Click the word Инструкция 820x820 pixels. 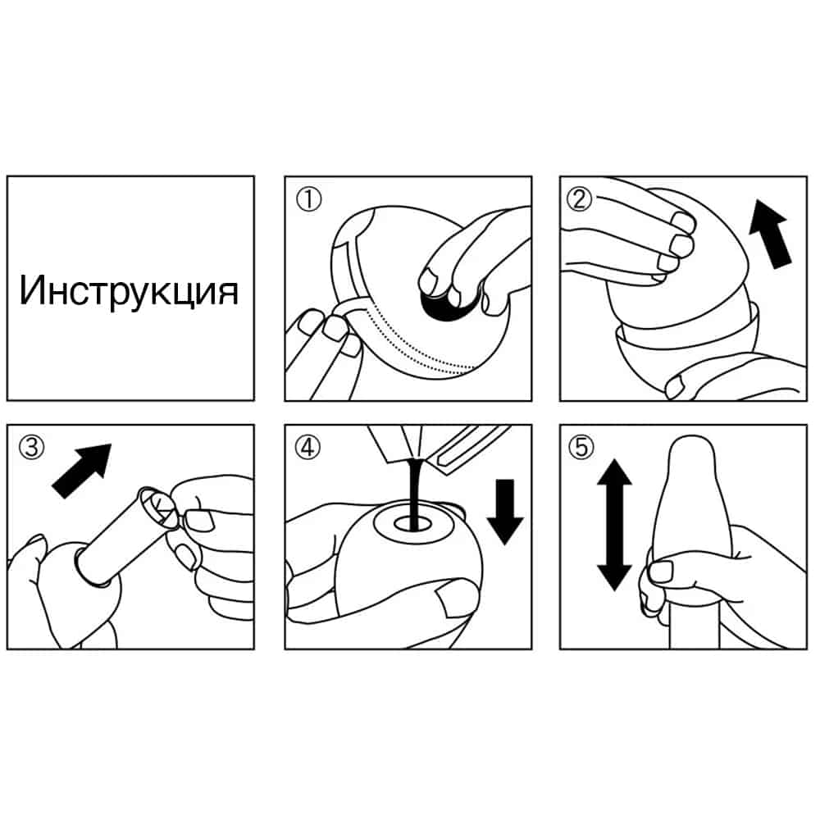pyautogui.click(x=130, y=291)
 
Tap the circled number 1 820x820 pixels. pyautogui.click(x=308, y=199)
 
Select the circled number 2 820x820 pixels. pyautogui.click(x=580, y=199)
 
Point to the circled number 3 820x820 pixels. pyautogui.click(x=31, y=448)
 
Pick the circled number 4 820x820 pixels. pyautogui.click(x=307, y=448)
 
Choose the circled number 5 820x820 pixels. pyautogui.click(x=581, y=448)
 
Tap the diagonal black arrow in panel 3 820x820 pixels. pyautogui.click(x=82, y=470)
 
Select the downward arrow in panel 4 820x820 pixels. pyautogui.click(x=505, y=512)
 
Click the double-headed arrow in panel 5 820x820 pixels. pyautogui.click(x=614, y=525)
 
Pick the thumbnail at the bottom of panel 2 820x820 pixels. pyautogui.click(x=674, y=386)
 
